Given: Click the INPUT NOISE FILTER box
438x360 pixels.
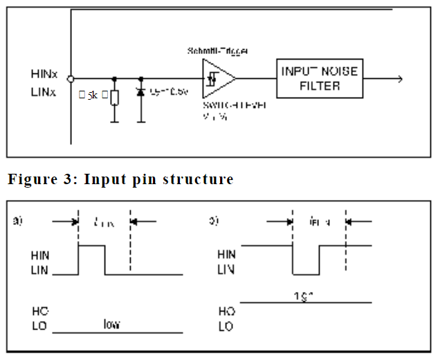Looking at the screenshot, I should [x=319, y=78].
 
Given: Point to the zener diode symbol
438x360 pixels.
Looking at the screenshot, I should [x=141, y=92].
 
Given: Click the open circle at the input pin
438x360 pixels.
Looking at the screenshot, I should [x=71, y=80].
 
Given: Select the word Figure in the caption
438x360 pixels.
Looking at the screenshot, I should [x=32, y=179].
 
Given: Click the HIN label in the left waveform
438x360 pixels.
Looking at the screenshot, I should [x=40, y=255].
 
